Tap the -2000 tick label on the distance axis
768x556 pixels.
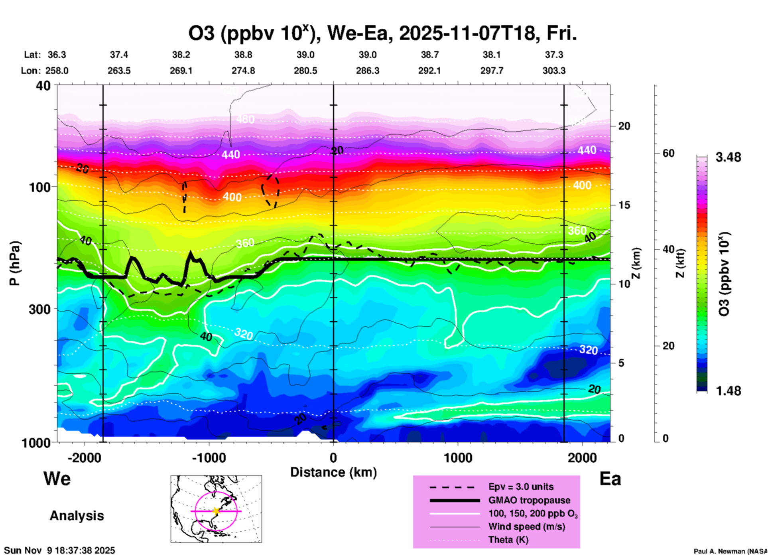point(85,457)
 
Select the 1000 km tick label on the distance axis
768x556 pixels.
point(458,457)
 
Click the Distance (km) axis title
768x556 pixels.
point(333,472)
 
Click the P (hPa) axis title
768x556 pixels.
point(15,263)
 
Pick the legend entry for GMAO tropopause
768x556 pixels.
point(529,500)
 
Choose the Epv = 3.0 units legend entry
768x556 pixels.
point(521,487)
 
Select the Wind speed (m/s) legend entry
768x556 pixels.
point(526,526)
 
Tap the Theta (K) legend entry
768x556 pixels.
point(508,540)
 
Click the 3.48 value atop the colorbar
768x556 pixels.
point(728,157)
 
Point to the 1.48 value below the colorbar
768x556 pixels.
point(728,390)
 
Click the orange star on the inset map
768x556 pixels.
point(216,511)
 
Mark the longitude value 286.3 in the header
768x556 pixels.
point(367,71)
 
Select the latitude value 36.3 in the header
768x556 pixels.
point(57,55)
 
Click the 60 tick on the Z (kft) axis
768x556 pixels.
point(668,153)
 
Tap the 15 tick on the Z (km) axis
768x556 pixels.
point(624,205)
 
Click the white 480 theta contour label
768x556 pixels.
point(245,119)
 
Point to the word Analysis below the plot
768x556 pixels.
point(77,516)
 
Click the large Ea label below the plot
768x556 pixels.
point(610,479)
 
